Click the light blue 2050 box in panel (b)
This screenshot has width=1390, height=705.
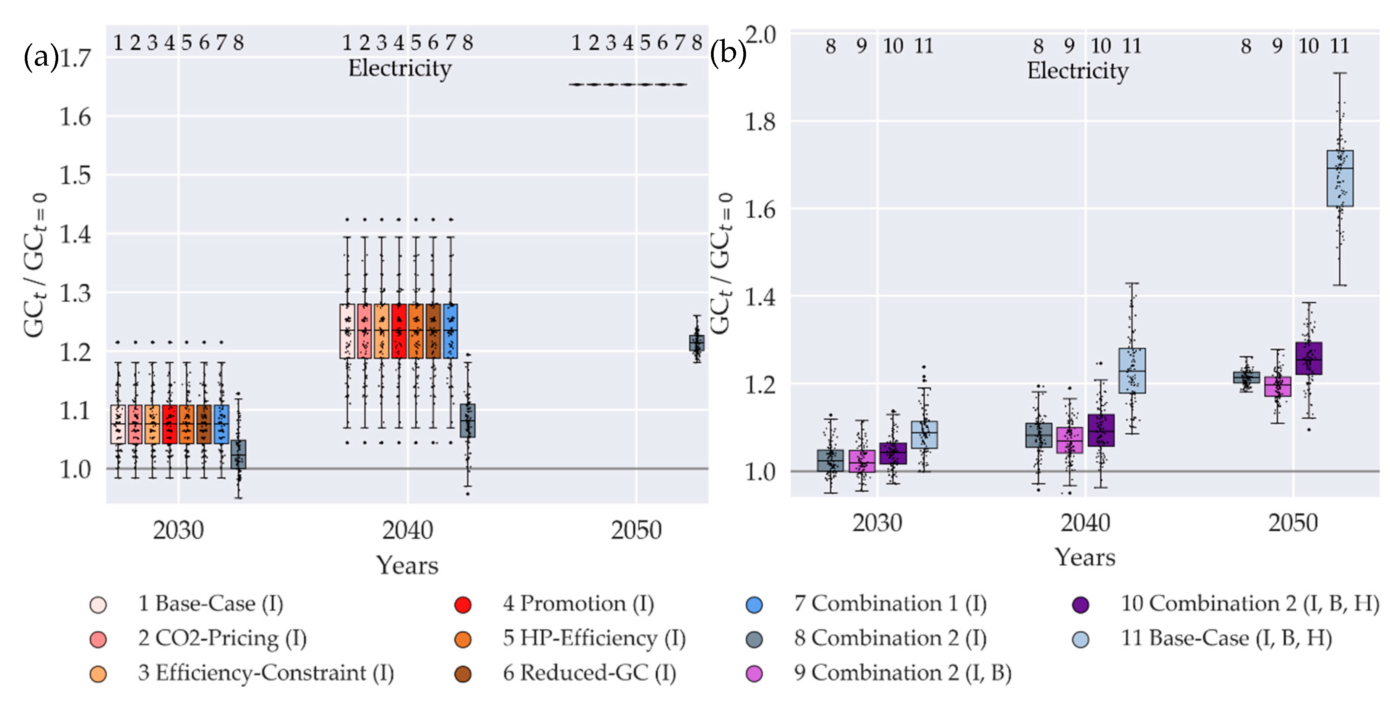[x=1339, y=178]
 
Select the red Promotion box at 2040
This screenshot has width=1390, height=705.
[x=399, y=331]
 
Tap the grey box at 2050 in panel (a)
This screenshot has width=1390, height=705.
[x=697, y=343]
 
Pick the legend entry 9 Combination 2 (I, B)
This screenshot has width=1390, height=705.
[x=902, y=673]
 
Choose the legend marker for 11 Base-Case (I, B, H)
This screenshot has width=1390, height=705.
[x=1080, y=639]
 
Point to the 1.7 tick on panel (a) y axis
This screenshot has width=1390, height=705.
[x=75, y=58]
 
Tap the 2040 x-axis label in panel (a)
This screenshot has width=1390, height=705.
[x=407, y=530]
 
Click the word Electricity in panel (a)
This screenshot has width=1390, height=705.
[x=399, y=69]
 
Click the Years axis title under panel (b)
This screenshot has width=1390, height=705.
[x=1085, y=558]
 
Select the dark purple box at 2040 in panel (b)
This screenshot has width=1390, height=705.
[x=1101, y=430]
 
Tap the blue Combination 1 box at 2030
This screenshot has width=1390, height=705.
[x=221, y=424]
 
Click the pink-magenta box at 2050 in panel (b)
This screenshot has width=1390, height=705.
[x=1277, y=386]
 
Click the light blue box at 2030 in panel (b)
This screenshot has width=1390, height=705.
[x=924, y=434]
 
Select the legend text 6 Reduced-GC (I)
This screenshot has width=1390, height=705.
[x=589, y=673]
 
